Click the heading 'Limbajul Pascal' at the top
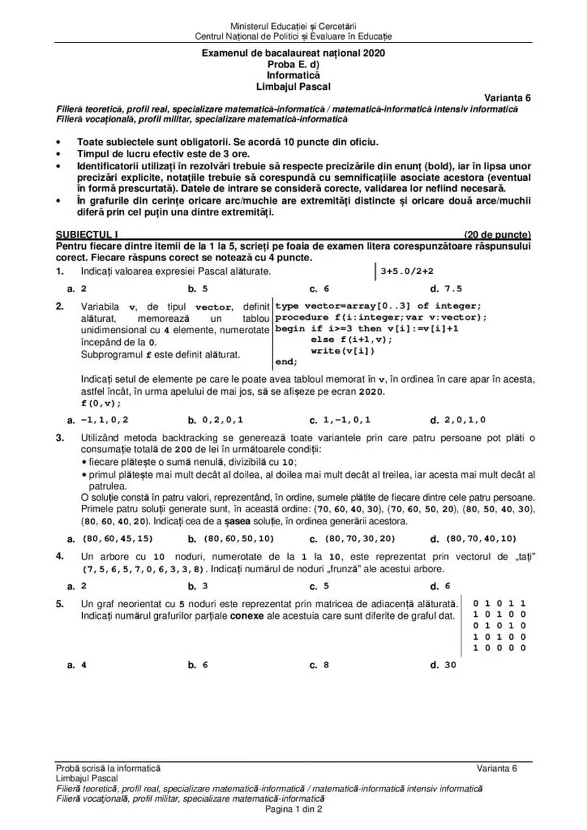pyautogui.click(x=293, y=86)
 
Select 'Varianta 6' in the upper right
pyautogui.click(x=508, y=98)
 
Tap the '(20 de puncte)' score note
pyautogui.click(x=498, y=235)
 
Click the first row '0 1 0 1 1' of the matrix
pyautogui.click(x=499, y=603)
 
